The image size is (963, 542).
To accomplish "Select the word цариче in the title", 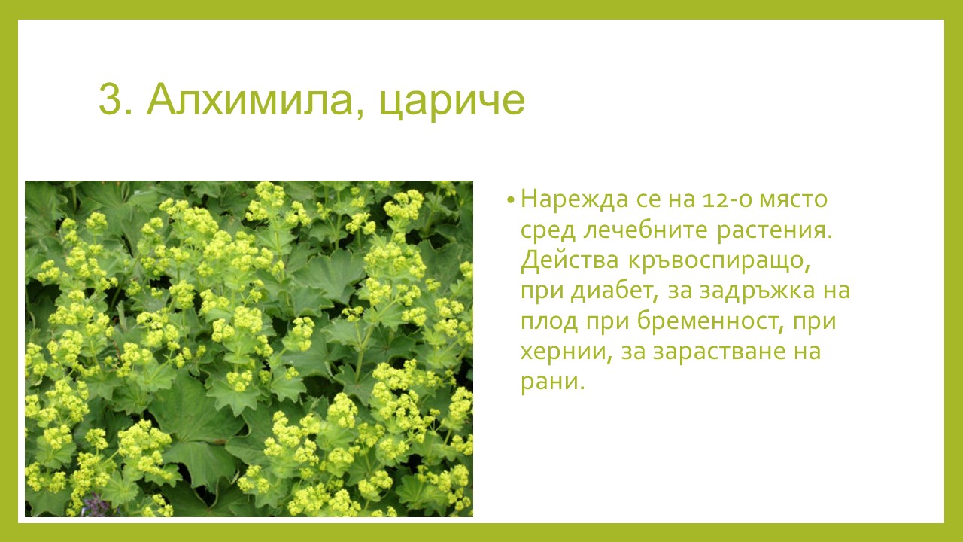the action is coord(452,103).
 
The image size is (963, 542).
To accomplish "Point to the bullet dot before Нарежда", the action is coord(511,200).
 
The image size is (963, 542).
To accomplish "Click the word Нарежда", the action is coord(575,199).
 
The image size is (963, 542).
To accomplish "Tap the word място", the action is coord(793,199).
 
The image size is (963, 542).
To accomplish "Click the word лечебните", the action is coord(646,230).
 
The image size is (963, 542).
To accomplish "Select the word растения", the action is coord(774,230).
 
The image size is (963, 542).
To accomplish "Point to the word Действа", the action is coord(570,260).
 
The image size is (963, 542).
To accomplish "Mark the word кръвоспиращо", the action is coord(718,262).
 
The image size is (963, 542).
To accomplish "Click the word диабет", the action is coord(615,291).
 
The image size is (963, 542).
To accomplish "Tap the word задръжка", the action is coord(757,291).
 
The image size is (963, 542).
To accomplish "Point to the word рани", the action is coord(552,382).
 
